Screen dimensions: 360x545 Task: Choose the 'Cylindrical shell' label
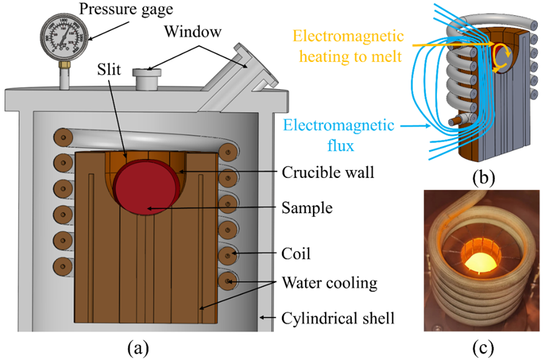click(x=337, y=318)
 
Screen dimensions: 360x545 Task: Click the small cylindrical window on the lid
click(x=144, y=79)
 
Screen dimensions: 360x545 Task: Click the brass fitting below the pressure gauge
click(x=64, y=67)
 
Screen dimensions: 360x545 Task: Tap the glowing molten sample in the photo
click(x=479, y=264)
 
